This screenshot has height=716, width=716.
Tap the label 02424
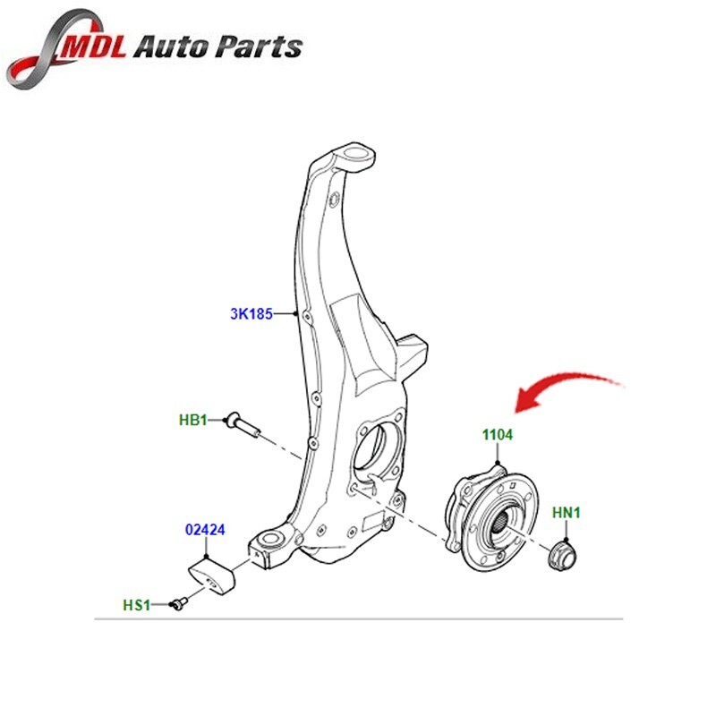coord(204,529)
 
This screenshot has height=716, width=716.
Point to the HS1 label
coord(136,605)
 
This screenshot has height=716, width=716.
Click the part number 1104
coord(497,435)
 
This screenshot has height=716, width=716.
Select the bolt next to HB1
coord(242,422)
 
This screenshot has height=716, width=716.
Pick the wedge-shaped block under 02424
coord(213,575)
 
